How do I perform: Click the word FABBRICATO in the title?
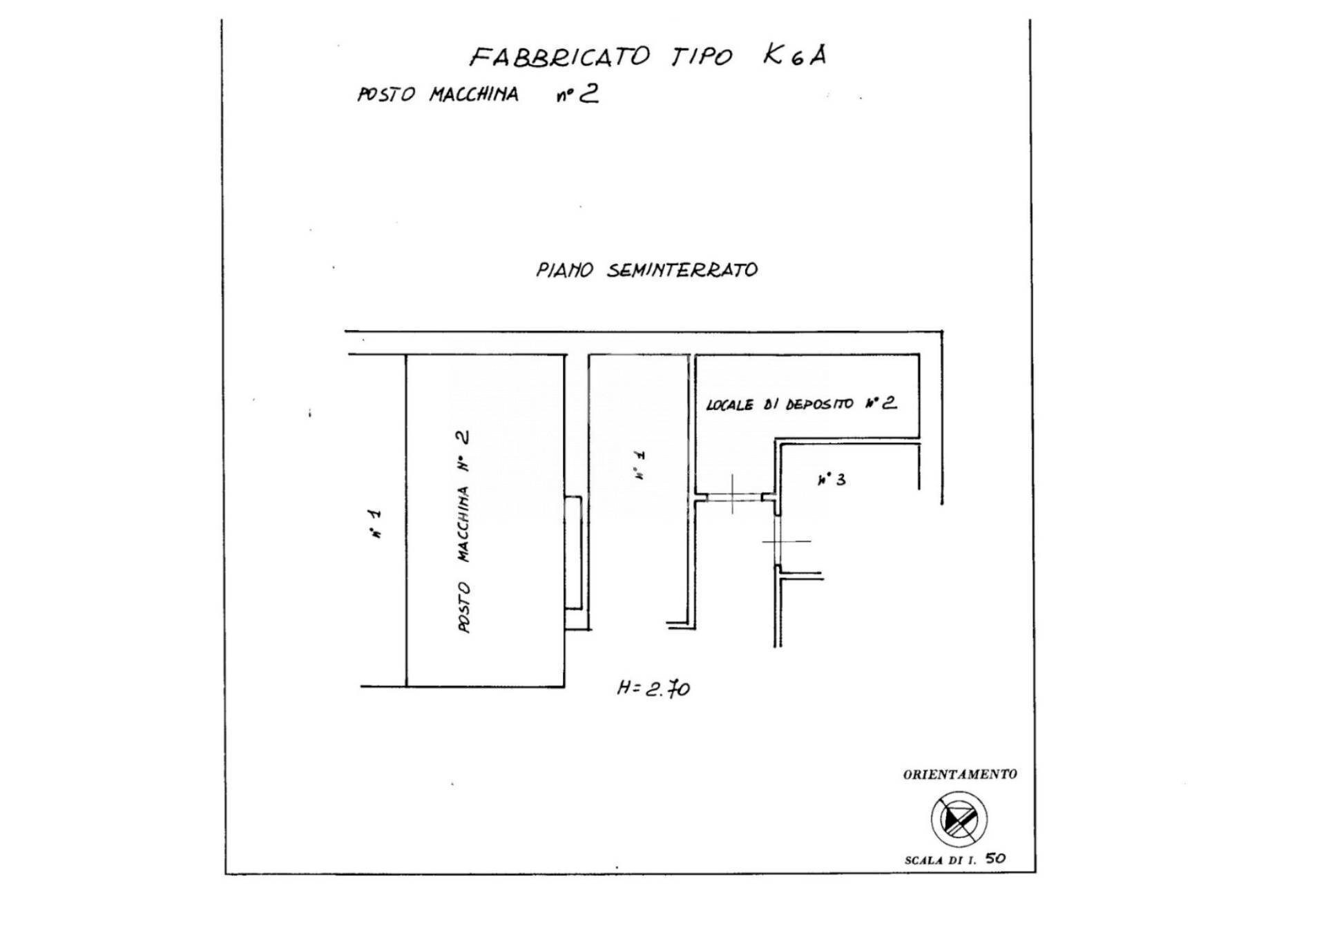[559, 56]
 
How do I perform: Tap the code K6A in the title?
[794, 55]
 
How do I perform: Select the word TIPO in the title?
[701, 56]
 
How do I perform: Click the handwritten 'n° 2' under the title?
[577, 94]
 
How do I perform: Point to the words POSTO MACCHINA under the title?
[437, 94]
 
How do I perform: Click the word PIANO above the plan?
[564, 270]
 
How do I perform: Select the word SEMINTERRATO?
[682, 270]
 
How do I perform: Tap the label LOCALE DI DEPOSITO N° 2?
[801, 404]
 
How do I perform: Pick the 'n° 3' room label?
[831, 479]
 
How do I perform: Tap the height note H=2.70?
[653, 688]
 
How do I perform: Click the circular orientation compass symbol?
[959, 820]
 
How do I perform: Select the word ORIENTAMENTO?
[960, 774]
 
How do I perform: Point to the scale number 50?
[996, 859]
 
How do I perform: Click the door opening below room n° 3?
[778, 541]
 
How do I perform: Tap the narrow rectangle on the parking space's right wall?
[573, 552]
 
